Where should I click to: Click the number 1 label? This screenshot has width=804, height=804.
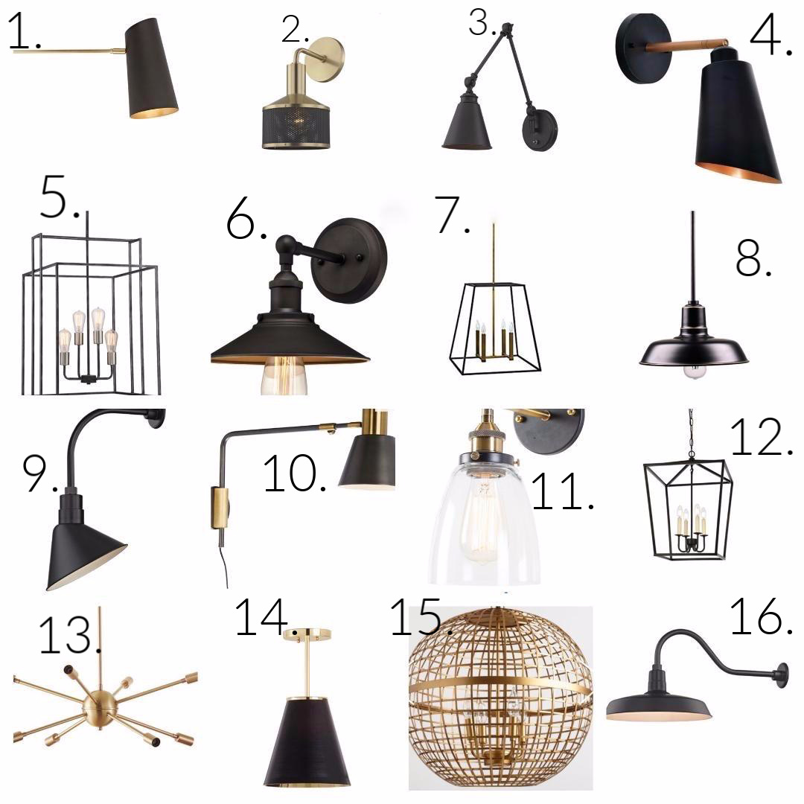click(25, 32)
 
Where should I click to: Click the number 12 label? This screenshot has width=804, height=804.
click(762, 437)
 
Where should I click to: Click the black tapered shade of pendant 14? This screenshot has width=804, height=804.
click(307, 742)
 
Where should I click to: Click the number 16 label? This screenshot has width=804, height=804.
click(762, 616)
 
